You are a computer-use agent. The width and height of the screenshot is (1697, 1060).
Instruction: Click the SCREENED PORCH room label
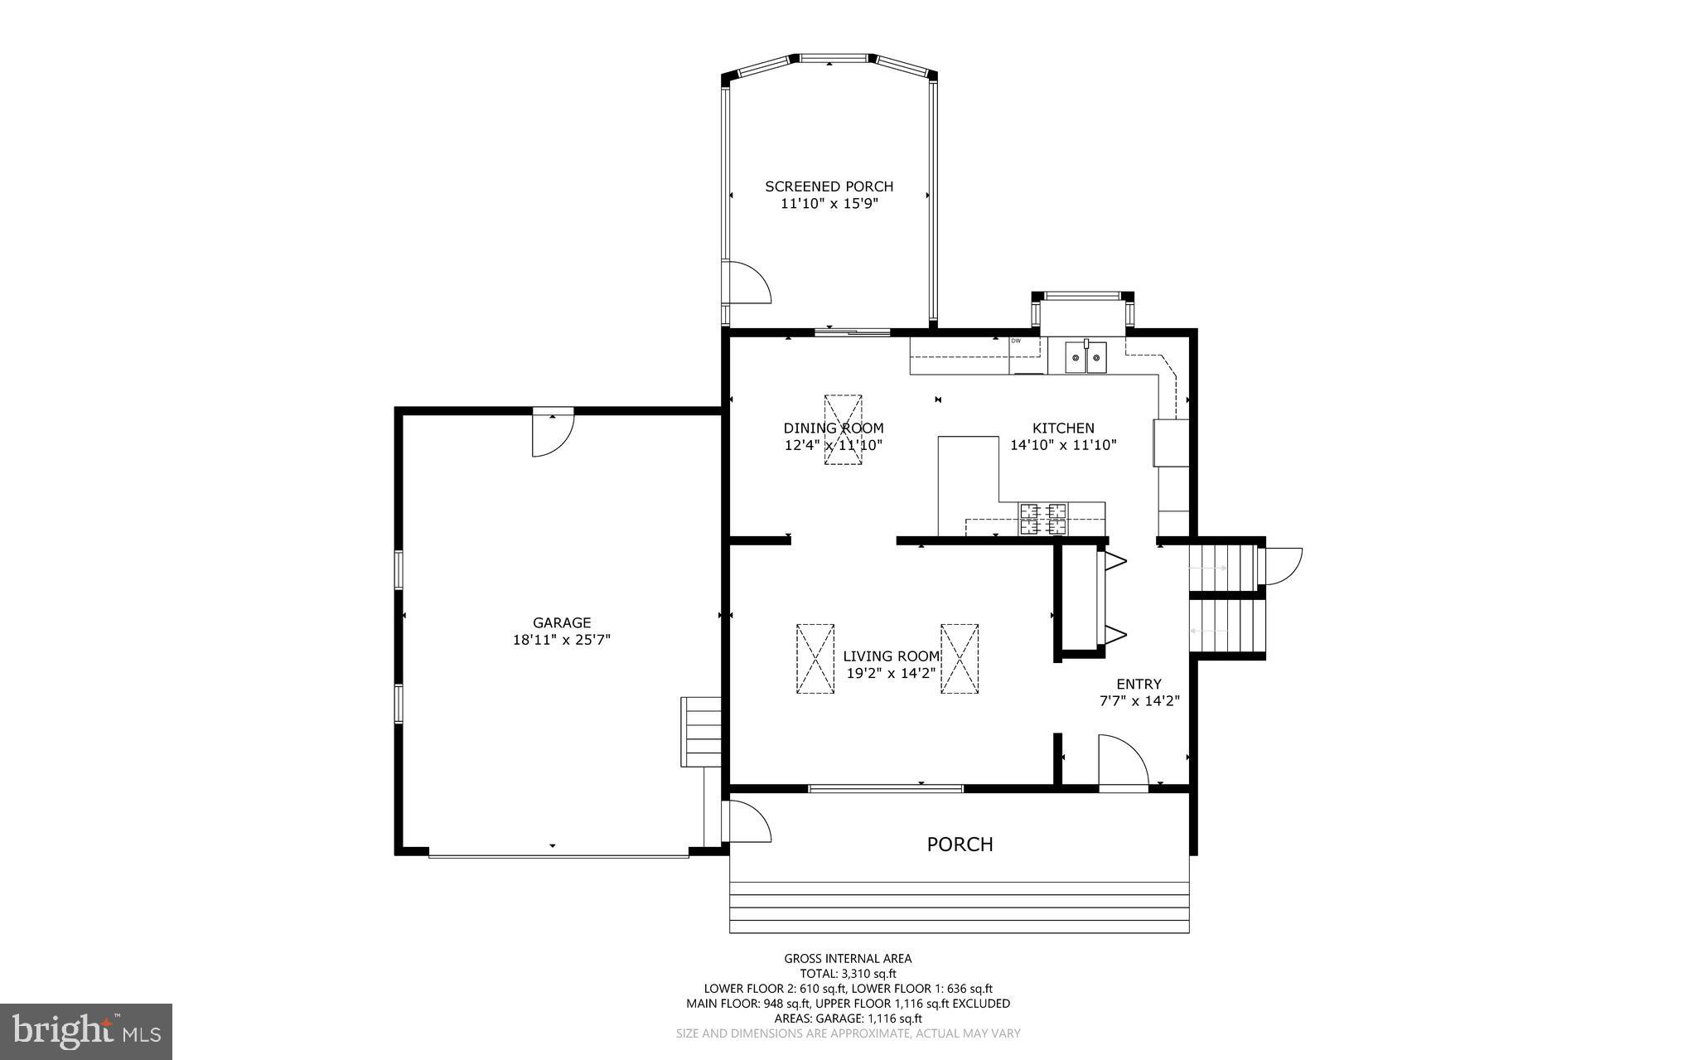829,186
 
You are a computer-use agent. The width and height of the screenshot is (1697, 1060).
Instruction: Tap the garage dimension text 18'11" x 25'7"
561,640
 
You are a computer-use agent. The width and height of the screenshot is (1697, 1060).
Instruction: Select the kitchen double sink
1085,358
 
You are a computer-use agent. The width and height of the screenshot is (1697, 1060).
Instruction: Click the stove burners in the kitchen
1043,519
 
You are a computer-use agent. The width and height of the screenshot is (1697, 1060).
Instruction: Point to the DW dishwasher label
1016,341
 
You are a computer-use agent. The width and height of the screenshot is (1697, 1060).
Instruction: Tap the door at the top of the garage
551,432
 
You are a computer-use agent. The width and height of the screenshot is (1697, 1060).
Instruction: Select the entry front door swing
1121,761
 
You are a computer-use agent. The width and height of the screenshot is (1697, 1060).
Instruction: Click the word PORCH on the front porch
960,845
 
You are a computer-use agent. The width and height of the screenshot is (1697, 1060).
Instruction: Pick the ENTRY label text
1139,684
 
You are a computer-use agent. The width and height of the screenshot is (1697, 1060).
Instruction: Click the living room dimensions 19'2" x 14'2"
891,673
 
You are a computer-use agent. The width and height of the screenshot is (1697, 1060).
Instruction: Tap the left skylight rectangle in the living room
815,658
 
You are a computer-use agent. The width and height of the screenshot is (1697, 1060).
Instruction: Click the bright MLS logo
86,1031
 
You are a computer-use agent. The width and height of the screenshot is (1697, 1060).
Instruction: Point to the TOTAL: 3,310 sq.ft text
848,974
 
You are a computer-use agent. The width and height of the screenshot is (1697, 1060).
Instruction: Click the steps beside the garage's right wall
700,732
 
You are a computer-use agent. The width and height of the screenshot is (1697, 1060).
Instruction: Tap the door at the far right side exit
1281,566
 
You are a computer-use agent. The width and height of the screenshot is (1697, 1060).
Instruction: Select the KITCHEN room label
1063,428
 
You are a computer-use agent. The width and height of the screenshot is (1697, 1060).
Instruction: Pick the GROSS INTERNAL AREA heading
848,959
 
